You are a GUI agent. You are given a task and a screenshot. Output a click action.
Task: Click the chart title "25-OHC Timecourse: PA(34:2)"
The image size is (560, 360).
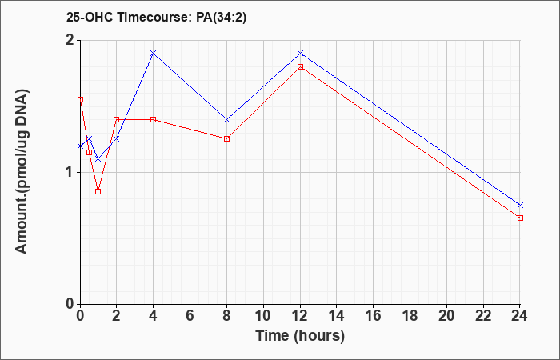point(156,18)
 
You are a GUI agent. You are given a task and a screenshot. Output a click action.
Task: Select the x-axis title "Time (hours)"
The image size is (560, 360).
point(300,336)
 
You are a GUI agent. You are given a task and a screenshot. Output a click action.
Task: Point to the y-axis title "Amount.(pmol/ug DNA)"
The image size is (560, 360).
point(22,172)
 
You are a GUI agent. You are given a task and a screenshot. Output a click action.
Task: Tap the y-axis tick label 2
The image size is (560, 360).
point(70,40)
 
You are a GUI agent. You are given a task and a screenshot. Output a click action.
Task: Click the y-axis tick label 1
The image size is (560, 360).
point(70,173)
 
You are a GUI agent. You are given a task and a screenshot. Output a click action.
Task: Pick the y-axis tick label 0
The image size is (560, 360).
point(70,305)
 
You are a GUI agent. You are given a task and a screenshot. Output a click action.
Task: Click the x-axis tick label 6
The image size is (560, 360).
point(190,316)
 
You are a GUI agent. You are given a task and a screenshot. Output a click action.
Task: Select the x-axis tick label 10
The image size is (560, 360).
point(263,316)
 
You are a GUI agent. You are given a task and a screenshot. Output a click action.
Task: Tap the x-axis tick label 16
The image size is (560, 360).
point(374,316)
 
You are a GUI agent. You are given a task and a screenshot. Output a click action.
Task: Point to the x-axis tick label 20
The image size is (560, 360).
point(446,316)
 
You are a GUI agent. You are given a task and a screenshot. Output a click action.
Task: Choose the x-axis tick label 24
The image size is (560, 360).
point(519,316)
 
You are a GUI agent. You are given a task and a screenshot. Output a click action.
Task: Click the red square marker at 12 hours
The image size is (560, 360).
point(300,66)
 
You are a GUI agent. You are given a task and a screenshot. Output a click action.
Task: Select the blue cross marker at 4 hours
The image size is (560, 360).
point(154,54)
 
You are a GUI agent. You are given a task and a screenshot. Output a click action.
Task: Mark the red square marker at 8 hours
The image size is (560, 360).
point(226,138)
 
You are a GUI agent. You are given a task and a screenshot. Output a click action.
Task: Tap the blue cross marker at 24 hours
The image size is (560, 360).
point(520,205)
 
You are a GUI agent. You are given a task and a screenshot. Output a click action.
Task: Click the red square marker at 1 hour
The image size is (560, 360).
point(98,191)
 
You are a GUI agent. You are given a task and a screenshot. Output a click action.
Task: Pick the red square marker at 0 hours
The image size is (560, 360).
point(80,100)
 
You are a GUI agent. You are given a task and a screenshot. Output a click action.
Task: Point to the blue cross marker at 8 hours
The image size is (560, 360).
point(226,120)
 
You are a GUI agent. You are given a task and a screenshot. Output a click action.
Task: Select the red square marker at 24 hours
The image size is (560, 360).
point(520,218)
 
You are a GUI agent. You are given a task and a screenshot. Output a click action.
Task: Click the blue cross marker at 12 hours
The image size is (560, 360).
point(300,53)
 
